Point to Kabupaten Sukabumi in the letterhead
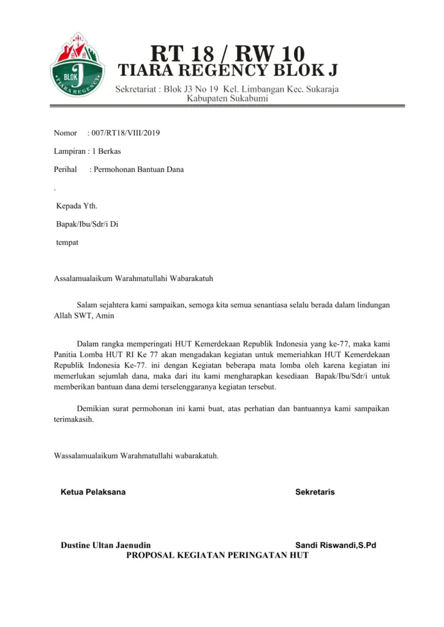(x=227, y=99)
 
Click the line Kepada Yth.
(x=77, y=206)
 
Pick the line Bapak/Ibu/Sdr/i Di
(x=87, y=224)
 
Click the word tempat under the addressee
(x=67, y=242)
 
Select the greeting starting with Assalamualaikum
(x=134, y=279)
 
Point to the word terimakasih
(x=74, y=420)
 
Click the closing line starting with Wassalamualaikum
(x=137, y=456)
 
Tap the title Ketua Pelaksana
(x=93, y=492)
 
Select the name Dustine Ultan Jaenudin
(x=106, y=545)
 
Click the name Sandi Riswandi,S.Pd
(x=336, y=545)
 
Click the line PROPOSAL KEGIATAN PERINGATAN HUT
(x=217, y=555)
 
